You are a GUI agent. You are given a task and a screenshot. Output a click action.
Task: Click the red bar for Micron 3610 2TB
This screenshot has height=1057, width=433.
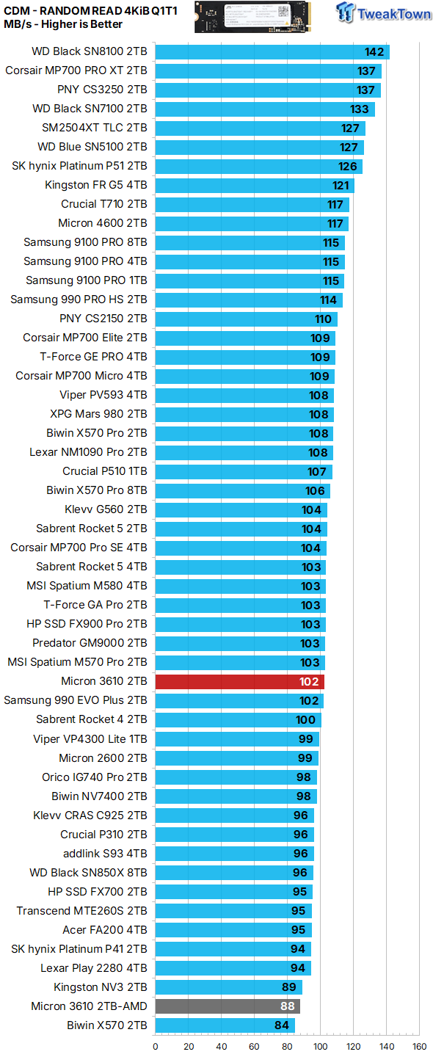tap(239, 681)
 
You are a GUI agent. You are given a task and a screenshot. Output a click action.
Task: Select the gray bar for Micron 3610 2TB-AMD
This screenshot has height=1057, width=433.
tap(228, 1006)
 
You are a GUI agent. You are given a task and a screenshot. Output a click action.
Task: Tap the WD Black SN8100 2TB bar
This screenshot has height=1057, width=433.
tap(272, 51)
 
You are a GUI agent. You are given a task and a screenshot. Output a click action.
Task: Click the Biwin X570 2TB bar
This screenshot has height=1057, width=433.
tap(225, 1025)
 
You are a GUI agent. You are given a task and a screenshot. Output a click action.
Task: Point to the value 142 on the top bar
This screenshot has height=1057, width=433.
tap(375, 51)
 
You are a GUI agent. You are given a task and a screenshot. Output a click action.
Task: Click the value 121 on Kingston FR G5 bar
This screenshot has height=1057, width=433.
tap(340, 185)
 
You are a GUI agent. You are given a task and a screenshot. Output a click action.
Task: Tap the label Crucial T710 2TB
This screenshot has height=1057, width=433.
tap(103, 204)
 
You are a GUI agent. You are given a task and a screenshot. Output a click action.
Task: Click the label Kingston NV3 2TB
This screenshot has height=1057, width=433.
tap(100, 987)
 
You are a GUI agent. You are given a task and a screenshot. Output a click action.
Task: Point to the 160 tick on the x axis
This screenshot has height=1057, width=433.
tap(419, 1046)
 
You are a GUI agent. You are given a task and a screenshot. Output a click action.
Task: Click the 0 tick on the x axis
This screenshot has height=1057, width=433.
tap(156, 1046)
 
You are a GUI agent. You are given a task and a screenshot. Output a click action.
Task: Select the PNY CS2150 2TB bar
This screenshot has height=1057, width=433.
tap(246, 319)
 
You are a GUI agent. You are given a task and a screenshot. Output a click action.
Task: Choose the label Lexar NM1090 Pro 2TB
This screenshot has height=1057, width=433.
tap(88, 452)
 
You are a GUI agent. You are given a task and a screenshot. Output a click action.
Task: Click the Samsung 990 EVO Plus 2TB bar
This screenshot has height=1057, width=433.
tap(239, 700)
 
